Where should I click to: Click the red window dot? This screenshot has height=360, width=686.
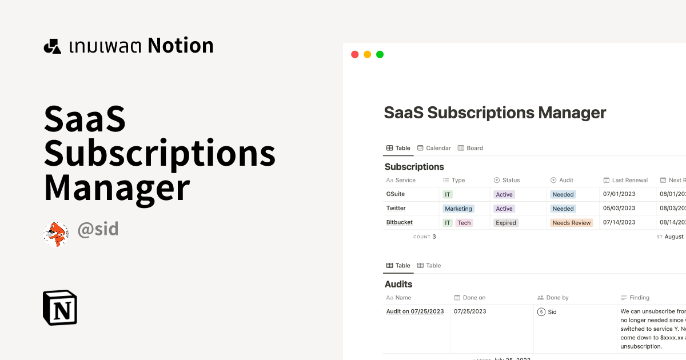[354, 55]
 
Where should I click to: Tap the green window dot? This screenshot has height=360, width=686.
[380, 55]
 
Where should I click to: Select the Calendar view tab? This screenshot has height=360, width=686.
[434, 148]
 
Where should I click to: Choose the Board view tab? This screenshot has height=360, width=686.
[470, 148]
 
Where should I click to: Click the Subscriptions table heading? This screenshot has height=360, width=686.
[414, 167]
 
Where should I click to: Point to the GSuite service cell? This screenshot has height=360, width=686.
[396, 194]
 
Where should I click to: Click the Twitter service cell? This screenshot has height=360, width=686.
[396, 209]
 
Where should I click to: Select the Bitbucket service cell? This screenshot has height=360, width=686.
[400, 223]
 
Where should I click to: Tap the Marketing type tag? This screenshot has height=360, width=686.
[458, 209]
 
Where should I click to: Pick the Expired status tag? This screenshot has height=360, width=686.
[506, 223]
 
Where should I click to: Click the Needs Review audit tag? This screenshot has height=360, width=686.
[571, 223]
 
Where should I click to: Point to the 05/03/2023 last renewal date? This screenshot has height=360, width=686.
[619, 209]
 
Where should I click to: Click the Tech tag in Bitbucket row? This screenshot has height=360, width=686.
[464, 223]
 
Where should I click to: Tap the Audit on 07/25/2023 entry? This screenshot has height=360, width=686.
[415, 311]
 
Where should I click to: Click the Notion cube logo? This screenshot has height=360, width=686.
[60, 308]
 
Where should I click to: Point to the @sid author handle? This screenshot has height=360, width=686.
[98, 230]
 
